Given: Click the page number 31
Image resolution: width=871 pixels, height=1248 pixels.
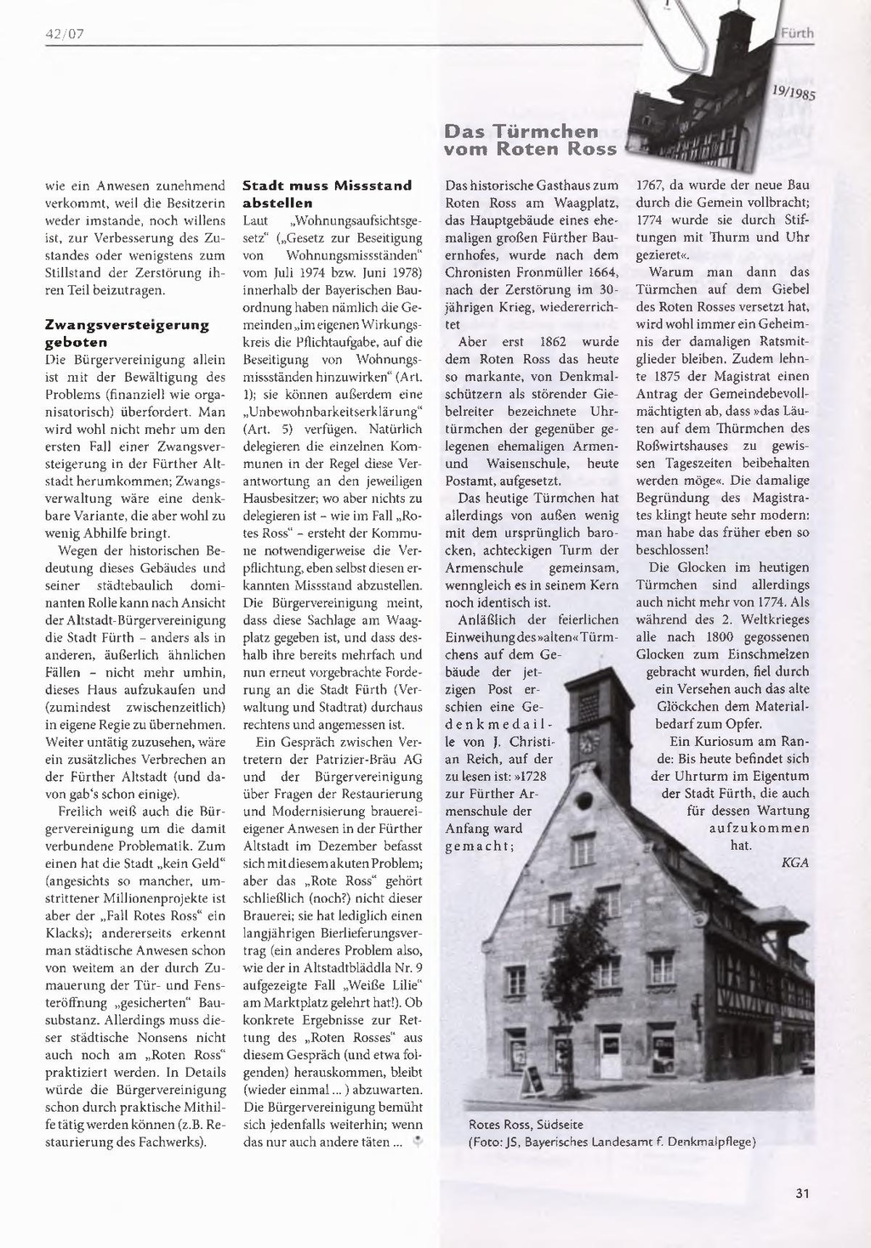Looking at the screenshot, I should click(801, 1193).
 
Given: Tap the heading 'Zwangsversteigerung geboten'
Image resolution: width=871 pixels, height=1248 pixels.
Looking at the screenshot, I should click(127, 333).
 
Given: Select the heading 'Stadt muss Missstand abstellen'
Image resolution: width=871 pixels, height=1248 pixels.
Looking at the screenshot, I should click(327, 194).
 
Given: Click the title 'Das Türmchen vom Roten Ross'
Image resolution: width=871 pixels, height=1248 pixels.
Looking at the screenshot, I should click(530, 140).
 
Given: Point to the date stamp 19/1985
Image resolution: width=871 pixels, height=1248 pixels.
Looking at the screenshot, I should click(794, 91).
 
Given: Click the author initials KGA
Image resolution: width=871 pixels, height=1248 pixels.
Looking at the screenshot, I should click(794, 863).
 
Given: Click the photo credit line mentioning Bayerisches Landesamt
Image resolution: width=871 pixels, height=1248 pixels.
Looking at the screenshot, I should click(612, 1142).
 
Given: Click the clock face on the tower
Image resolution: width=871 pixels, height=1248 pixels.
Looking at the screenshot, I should click(585, 742).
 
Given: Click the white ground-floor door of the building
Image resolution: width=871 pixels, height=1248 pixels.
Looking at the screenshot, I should click(610, 1053).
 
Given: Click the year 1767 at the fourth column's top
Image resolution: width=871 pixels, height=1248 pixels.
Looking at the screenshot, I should click(651, 185).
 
